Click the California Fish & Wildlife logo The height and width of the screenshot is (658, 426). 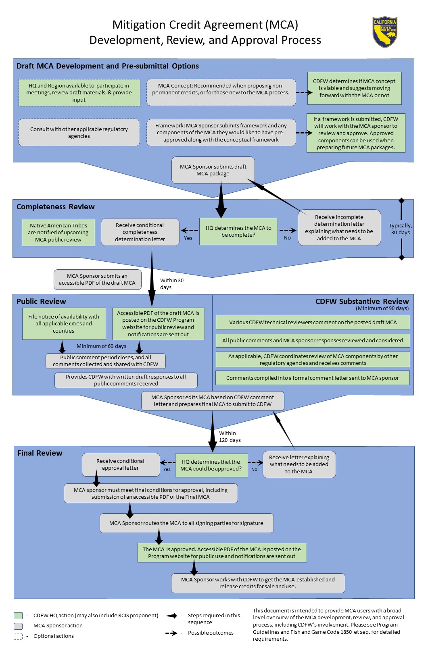384,32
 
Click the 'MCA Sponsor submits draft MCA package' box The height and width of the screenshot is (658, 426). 213,170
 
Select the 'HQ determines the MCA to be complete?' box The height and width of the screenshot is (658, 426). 238,231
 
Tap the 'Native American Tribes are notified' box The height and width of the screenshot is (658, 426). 58,232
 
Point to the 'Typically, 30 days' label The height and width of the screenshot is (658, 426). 400,229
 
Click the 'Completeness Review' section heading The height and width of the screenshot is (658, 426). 56,206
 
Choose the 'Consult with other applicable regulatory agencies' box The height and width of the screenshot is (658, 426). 79,133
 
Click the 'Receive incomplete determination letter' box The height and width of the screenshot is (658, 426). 339,228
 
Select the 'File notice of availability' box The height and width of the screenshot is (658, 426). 64,323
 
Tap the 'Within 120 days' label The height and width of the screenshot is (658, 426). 230,437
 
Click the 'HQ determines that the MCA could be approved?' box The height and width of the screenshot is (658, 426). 211,465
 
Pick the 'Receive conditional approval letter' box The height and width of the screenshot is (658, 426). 121,464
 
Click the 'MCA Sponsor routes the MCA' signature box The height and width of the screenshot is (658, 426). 187,523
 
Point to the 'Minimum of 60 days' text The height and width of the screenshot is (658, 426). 101,346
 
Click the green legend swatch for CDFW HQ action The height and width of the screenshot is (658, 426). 18,615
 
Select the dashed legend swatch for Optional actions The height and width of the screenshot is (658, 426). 18,636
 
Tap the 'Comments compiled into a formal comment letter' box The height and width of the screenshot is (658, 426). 313,378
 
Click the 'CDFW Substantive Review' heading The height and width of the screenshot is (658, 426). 362,302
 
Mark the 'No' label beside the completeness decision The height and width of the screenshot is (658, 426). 287,237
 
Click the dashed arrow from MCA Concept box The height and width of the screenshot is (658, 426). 304,93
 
